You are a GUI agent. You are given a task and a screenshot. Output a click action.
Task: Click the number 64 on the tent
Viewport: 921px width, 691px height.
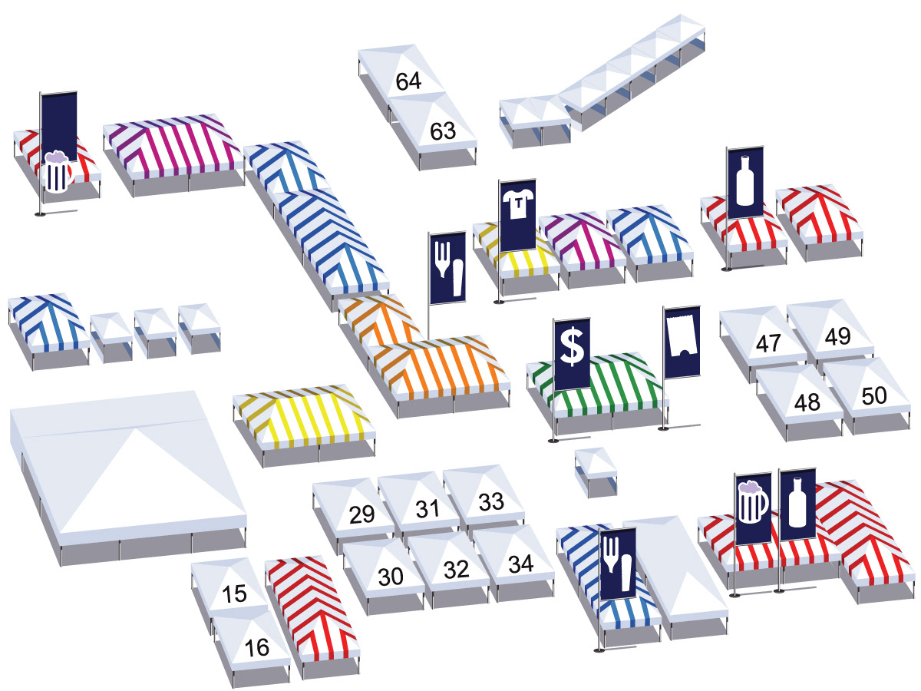tap(408, 81)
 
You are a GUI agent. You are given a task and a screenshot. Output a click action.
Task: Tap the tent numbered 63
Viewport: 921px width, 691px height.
tap(442, 131)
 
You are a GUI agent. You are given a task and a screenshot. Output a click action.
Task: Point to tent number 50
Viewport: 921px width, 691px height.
tap(873, 395)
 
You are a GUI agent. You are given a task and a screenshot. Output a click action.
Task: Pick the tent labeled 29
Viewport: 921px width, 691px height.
tap(361, 514)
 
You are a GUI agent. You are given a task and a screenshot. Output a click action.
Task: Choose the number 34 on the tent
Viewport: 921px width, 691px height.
tap(520, 564)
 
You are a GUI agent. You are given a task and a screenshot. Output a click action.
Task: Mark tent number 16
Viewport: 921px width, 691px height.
tap(258, 648)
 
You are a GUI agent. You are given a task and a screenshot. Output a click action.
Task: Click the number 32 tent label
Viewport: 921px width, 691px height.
tap(456, 570)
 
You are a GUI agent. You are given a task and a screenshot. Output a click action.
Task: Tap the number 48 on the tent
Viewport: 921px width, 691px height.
tap(805, 402)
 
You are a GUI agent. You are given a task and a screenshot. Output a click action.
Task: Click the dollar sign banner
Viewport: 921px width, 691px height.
tap(572, 352)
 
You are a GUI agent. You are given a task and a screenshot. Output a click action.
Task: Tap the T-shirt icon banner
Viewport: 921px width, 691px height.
tap(517, 215)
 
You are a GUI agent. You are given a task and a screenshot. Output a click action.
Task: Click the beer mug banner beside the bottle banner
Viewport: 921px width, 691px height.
tap(753, 508)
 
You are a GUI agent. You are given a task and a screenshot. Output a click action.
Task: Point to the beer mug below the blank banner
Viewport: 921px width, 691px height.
tap(57, 173)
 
